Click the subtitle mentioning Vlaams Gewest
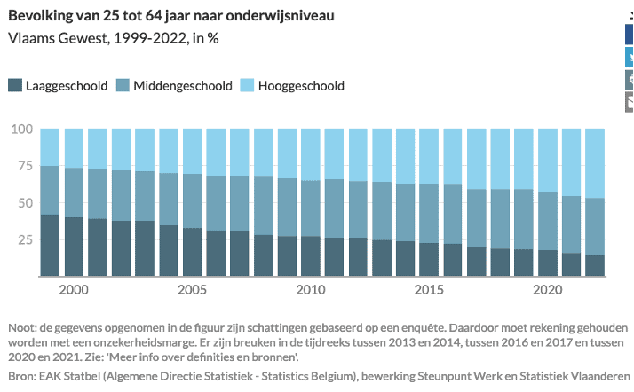pos(114,40)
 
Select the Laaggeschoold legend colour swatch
pos(15,86)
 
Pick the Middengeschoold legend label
pos(183,86)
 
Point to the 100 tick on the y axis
pos(23,129)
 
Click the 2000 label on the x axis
pos(74,290)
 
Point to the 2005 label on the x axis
pos(192,290)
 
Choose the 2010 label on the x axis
pos(310,290)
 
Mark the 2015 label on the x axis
pos(428,290)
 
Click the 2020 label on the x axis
pos(546,290)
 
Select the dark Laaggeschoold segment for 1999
pos(50,246)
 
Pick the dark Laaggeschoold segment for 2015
pos(428,260)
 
